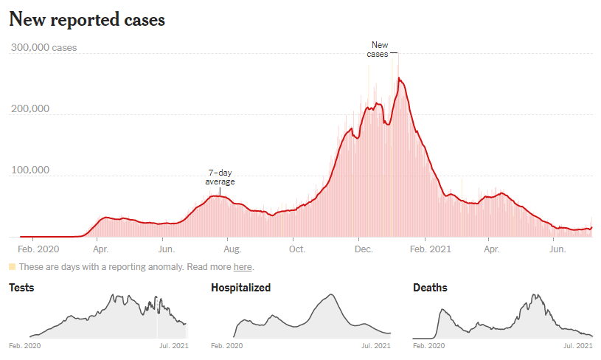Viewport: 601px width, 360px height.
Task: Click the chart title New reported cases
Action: click(87, 20)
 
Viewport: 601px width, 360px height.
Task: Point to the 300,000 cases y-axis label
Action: click(43, 48)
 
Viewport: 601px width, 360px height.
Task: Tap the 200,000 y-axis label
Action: click(29, 109)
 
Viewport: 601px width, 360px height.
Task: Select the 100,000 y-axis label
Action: click(29, 170)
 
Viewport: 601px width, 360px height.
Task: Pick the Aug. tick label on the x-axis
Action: click(232, 250)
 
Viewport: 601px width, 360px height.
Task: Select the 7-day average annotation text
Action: click(220, 177)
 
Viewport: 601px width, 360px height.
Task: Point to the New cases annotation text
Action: click(380, 49)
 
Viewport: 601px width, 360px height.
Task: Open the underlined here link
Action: click(243, 267)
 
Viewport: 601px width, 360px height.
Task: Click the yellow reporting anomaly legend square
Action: click(12, 266)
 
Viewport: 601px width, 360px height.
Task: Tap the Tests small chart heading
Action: click(21, 288)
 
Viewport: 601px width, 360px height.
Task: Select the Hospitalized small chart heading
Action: click(240, 288)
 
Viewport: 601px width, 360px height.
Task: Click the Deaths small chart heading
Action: click(430, 288)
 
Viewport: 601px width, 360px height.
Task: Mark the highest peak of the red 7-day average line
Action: click(399, 78)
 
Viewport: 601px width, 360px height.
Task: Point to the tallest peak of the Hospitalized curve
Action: click(332, 295)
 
